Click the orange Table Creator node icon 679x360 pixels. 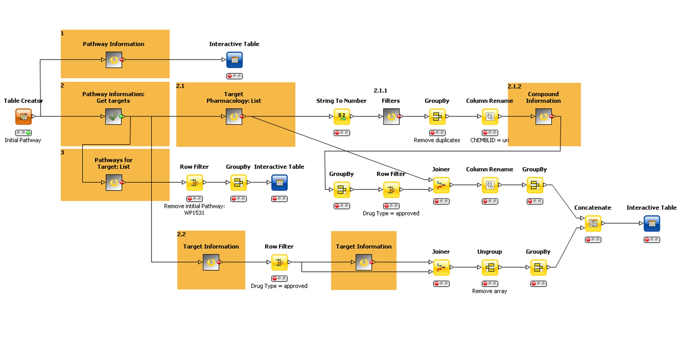24,117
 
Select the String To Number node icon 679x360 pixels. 341,117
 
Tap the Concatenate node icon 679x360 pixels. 593,224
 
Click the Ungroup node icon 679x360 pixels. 490,267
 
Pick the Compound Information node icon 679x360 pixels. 543,117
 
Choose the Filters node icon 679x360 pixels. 391,117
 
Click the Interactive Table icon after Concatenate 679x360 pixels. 652,224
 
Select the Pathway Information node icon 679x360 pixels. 114,60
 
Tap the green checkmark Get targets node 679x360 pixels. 113,117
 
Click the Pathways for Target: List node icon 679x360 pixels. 114,183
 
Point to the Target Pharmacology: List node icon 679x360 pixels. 234,117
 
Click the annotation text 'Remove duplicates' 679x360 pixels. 437,140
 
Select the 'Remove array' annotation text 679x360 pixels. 489,291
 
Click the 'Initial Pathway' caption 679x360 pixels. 23,140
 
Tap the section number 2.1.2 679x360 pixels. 514,86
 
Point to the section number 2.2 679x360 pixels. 181,234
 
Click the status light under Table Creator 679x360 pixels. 24,133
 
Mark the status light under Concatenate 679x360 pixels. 593,240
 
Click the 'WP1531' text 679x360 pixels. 194,213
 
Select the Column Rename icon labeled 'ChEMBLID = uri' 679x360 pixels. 490,117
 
